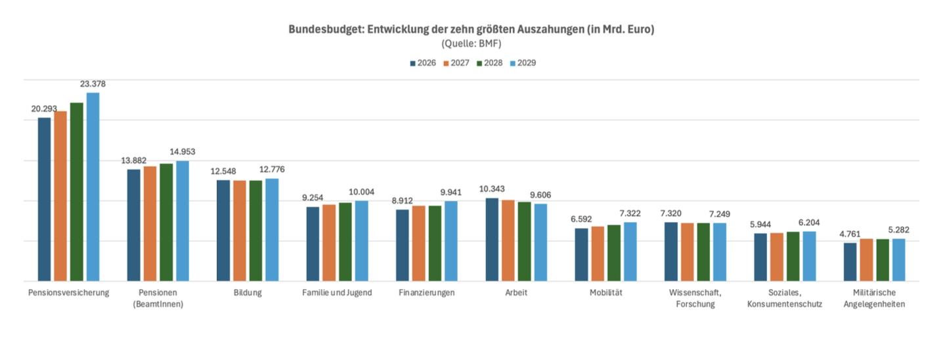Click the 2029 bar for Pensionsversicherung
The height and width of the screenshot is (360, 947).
93,187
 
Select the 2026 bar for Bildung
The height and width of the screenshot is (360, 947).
223,231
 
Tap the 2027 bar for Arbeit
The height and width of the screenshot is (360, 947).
508,240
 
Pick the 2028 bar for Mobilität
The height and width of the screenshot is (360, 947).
614,253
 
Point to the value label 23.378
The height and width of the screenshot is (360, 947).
93,84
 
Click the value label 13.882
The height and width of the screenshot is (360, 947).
133,160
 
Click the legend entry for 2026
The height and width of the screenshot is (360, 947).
424,63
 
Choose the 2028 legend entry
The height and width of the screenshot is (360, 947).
491,63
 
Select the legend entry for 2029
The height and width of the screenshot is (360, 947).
524,63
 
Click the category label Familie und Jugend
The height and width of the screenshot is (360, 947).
337,292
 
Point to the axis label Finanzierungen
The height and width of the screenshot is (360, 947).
427,292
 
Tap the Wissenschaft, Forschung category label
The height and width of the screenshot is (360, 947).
695,298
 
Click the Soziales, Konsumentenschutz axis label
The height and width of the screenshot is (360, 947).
785,298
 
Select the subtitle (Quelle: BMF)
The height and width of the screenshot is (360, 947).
472,43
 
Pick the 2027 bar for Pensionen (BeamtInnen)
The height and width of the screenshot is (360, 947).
150,224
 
